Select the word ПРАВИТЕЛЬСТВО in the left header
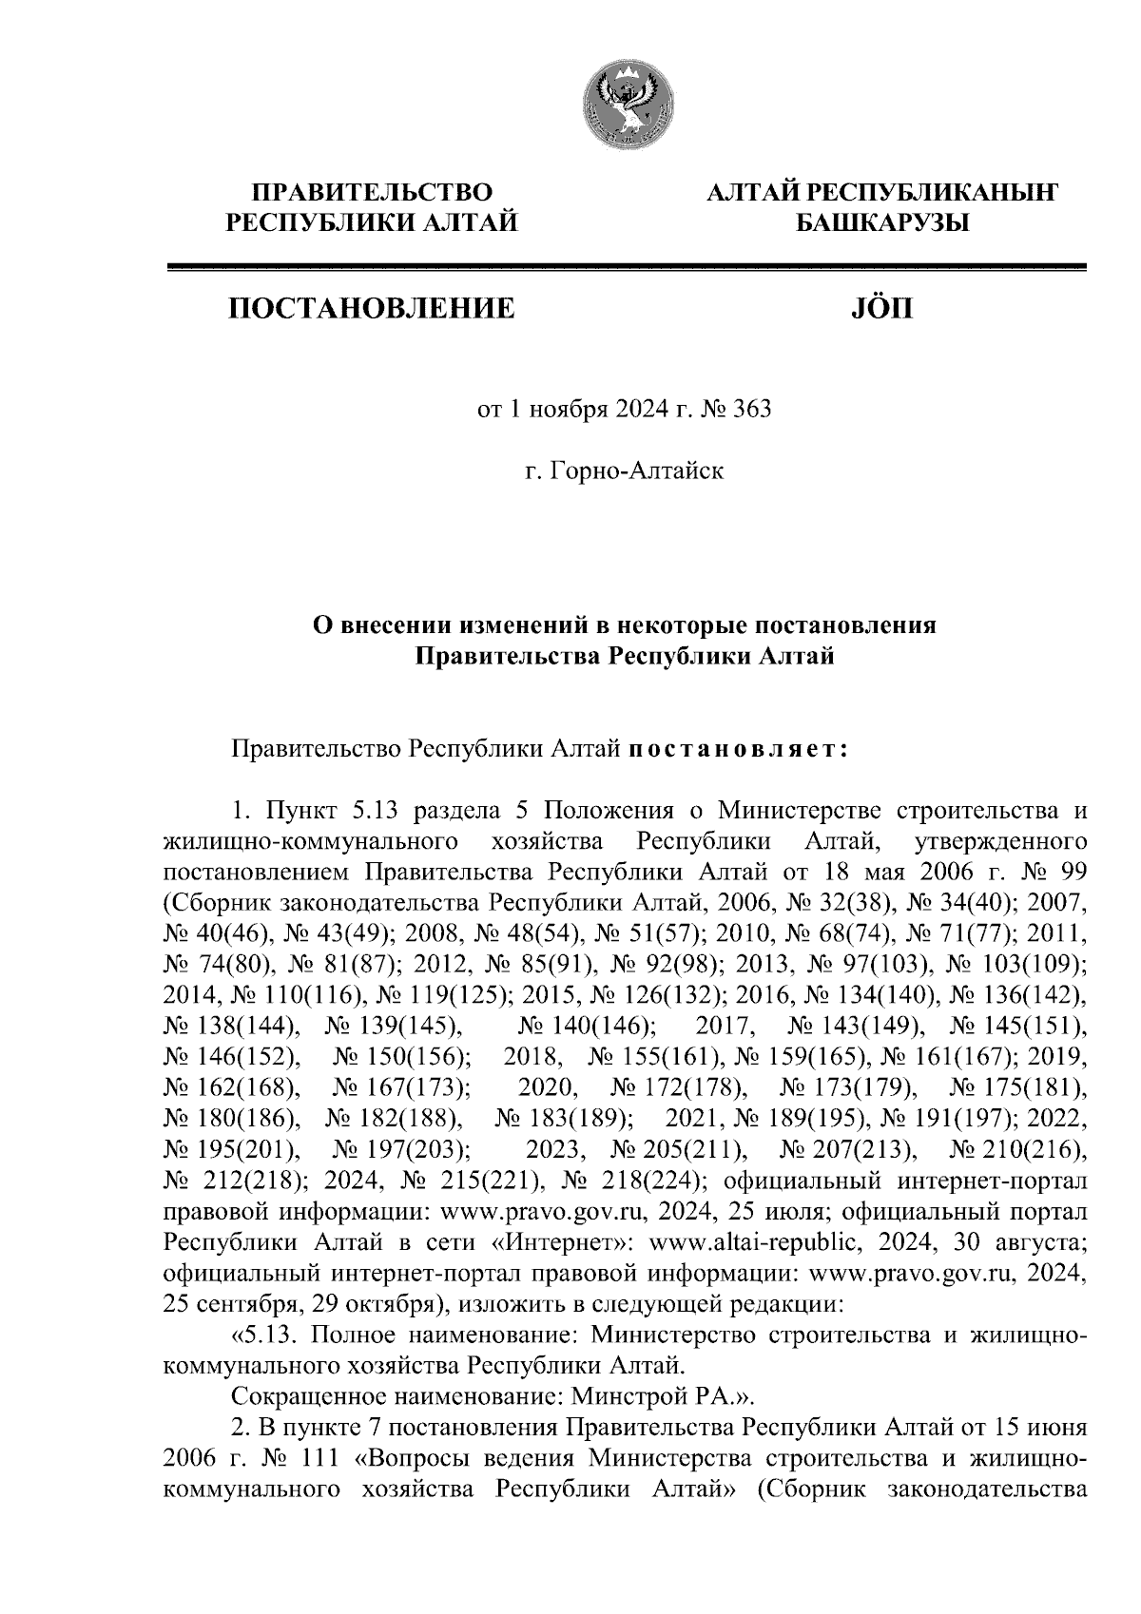tap(372, 194)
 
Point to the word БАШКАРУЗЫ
tap(880, 223)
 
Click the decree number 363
tap(751, 411)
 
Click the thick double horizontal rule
tap(627, 268)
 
